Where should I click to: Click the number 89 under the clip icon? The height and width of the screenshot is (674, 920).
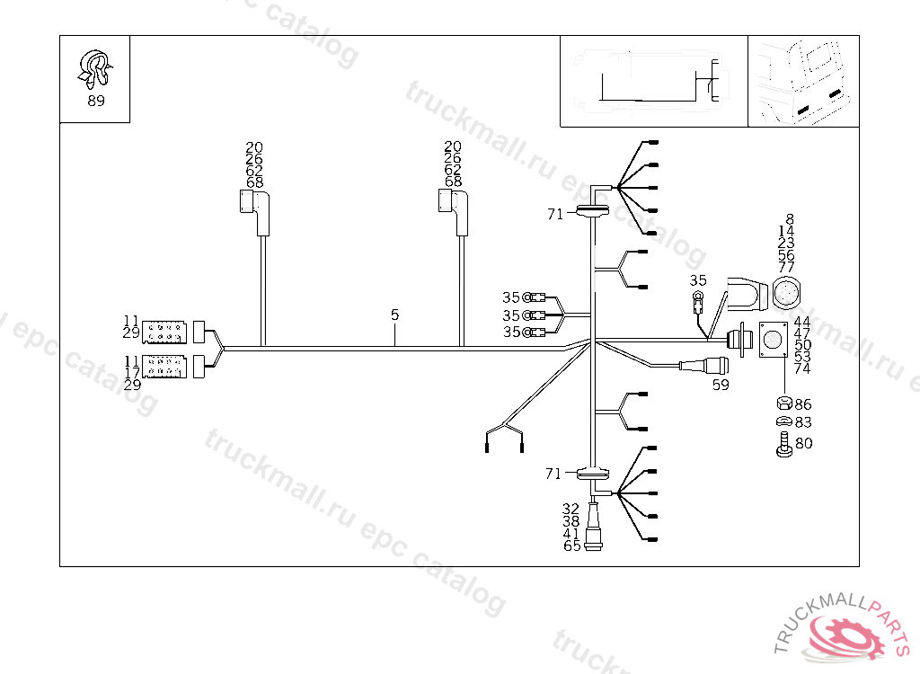[95, 101]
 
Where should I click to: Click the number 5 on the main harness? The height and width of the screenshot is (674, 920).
[394, 315]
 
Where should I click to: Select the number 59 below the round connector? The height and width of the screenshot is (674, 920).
[721, 385]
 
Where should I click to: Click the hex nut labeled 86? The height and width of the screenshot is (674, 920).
[782, 404]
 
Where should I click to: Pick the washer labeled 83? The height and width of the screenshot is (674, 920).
[782, 422]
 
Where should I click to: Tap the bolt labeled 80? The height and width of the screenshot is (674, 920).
[782, 444]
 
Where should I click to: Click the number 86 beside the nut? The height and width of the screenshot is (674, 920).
[802, 404]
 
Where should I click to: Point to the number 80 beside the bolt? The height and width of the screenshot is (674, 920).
[803, 443]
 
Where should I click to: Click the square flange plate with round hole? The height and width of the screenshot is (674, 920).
[773, 341]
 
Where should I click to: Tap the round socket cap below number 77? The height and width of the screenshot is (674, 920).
[787, 293]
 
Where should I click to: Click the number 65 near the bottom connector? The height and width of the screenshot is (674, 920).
[571, 545]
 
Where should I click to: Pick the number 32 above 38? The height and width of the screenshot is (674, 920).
[571, 509]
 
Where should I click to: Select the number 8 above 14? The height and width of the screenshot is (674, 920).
[789, 218]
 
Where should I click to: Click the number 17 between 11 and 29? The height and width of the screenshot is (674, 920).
[131, 372]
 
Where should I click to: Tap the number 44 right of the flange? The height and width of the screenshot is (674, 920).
[802, 321]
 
